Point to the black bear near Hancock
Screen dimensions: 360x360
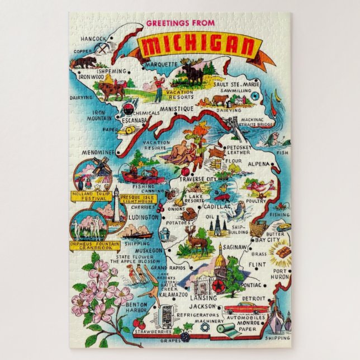point(86,61)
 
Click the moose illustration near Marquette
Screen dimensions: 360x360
point(192,74)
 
